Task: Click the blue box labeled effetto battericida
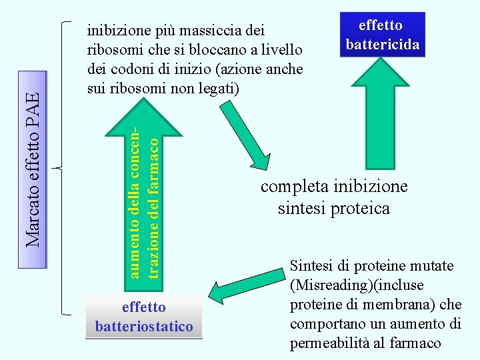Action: point(382,35)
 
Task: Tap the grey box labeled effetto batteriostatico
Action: point(144,316)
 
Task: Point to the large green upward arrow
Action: point(382,113)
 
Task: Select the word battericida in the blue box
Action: point(382,45)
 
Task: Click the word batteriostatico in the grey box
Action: point(144,327)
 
